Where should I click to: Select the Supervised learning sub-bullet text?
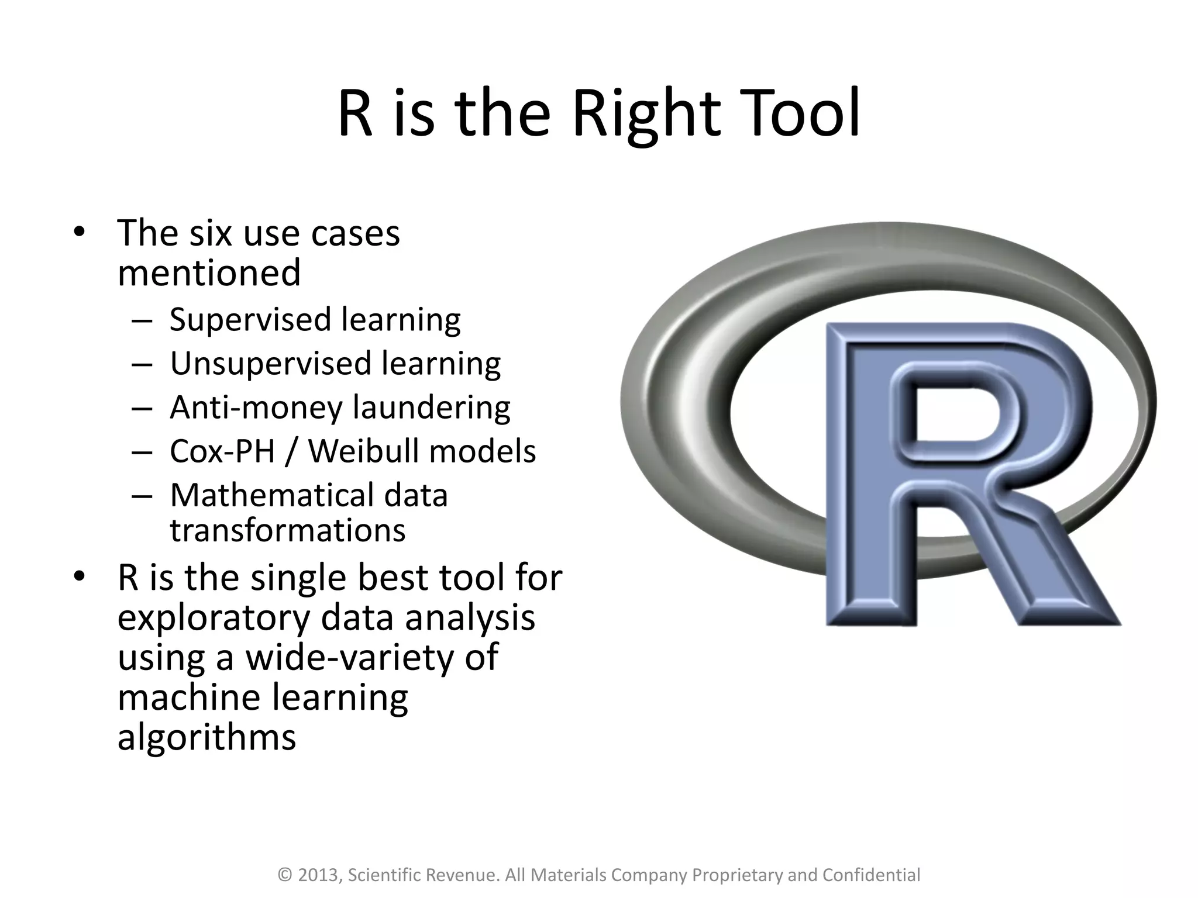point(315,320)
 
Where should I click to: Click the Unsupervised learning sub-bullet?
point(335,364)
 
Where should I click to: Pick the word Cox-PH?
point(222,451)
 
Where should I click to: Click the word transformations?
point(287,530)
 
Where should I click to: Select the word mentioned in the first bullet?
point(209,273)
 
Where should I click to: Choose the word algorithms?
point(206,737)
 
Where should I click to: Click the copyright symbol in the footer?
point(285,875)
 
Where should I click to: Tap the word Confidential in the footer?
point(871,875)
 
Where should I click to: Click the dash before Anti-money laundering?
point(142,408)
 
